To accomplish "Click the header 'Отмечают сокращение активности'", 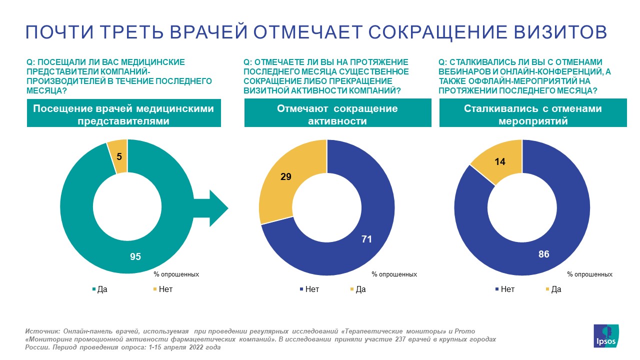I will [x=337, y=114].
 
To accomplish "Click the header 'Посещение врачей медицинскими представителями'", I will [x=123, y=114].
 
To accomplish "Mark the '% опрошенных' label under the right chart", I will [x=590, y=274].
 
